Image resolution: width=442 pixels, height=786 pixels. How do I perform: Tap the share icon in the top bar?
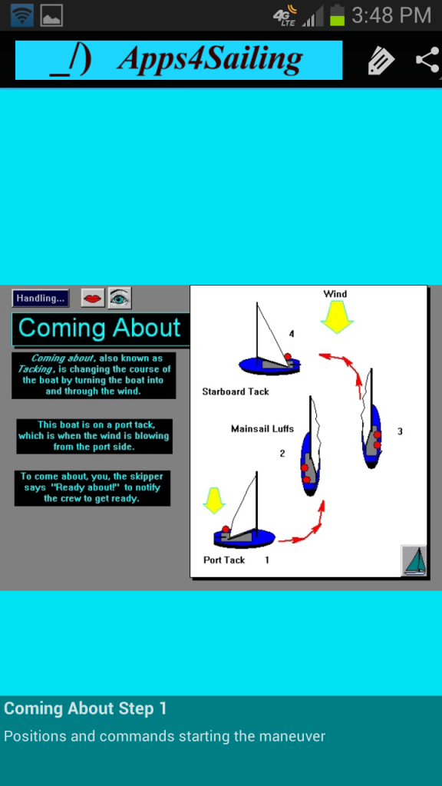click(x=428, y=60)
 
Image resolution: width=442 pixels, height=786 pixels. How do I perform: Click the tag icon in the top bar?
click(x=381, y=61)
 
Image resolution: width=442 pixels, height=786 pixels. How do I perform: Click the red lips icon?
click(x=93, y=299)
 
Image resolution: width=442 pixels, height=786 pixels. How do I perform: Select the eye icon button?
click(x=120, y=299)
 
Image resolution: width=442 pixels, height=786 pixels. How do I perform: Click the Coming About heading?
click(x=99, y=328)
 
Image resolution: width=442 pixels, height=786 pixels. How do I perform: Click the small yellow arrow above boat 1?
click(x=214, y=500)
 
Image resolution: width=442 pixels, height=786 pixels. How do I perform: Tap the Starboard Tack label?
click(x=236, y=391)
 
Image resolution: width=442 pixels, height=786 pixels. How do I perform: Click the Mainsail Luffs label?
click(x=262, y=428)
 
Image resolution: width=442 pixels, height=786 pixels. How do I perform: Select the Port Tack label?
click(x=224, y=560)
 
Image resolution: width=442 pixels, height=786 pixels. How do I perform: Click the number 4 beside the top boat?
click(x=292, y=334)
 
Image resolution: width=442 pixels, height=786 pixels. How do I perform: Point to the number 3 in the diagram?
click(x=400, y=431)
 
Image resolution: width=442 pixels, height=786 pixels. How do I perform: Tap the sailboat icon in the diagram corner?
click(x=414, y=560)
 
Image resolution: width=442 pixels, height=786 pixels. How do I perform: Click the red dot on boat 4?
click(x=288, y=357)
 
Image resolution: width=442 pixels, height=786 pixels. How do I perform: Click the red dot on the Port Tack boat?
click(x=226, y=530)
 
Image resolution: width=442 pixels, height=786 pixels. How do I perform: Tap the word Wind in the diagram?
click(x=335, y=294)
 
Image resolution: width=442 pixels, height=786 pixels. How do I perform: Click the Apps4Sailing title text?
click(x=210, y=59)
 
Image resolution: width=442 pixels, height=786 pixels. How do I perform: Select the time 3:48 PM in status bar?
click(x=391, y=15)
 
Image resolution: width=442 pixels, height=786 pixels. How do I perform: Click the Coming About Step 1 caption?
click(x=85, y=708)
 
